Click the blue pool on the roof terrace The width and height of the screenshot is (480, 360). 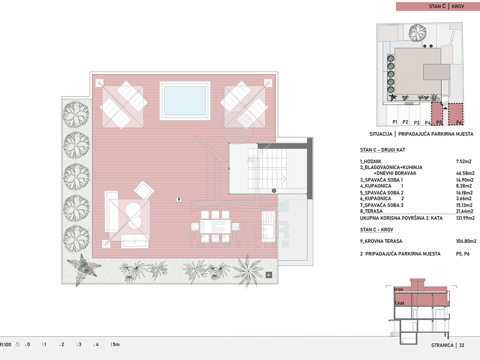(x=185, y=100)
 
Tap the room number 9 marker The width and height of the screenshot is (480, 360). (x=179, y=199)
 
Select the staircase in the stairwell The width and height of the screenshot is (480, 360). (x=267, y=169)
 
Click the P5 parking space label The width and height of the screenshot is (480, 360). (x=439, y=122)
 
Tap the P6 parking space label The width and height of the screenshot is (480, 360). (x=459, y=122)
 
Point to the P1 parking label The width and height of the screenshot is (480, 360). (x=395, y=122)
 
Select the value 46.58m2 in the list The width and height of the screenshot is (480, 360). (x=465, y=173)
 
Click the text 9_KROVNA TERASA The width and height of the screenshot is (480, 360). (x=381, y=241)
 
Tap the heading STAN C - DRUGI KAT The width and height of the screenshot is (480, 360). (x=382, y=150)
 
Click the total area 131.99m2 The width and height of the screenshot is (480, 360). (x=465, y=218)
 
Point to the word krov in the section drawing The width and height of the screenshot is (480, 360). (x=398, y=289)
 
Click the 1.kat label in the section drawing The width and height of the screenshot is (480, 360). (x=399, y=303)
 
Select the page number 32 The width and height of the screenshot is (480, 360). (x=462, y=345)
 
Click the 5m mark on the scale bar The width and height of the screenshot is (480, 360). (x=115, y=344)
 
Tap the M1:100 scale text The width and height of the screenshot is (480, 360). (x=6, y=345)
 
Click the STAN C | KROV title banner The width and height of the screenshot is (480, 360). (x=438, y=6)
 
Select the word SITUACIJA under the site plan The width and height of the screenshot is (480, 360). (x=381, y=134)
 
